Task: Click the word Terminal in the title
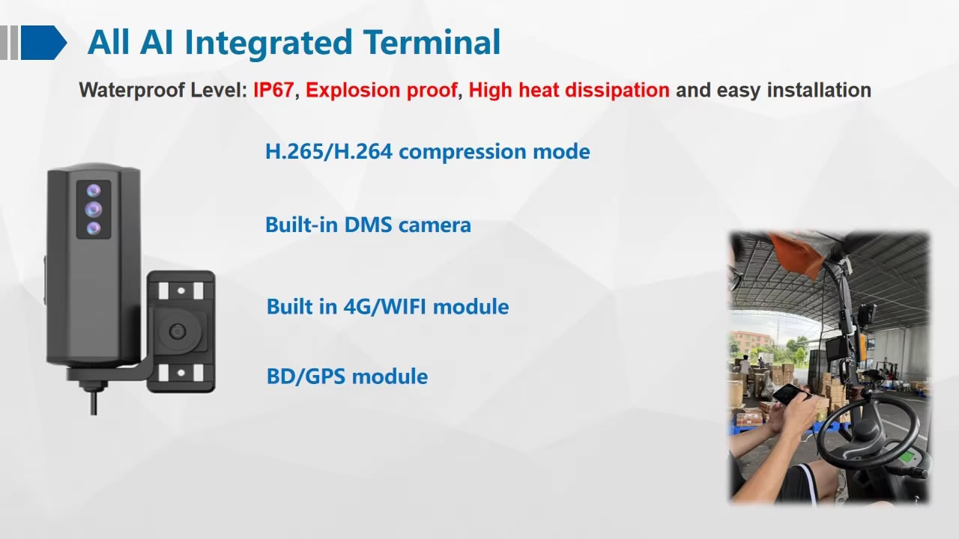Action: pos(432,42)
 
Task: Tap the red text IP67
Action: pos(273,91)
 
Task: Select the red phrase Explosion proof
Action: pos(381,91)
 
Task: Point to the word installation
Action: pos(819,91)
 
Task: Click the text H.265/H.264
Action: pos(329,151)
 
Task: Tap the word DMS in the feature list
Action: pos(368,225)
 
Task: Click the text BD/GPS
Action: pos(306,377)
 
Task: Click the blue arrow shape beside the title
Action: pos(43,43)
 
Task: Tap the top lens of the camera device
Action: pos(94,190)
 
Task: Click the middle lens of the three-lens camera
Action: pos(94,209)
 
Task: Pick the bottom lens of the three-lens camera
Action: pos(94,228)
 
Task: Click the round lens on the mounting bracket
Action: pos(178,331)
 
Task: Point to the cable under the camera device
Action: pos(94,401)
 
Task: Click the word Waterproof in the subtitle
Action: pos(132,91)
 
